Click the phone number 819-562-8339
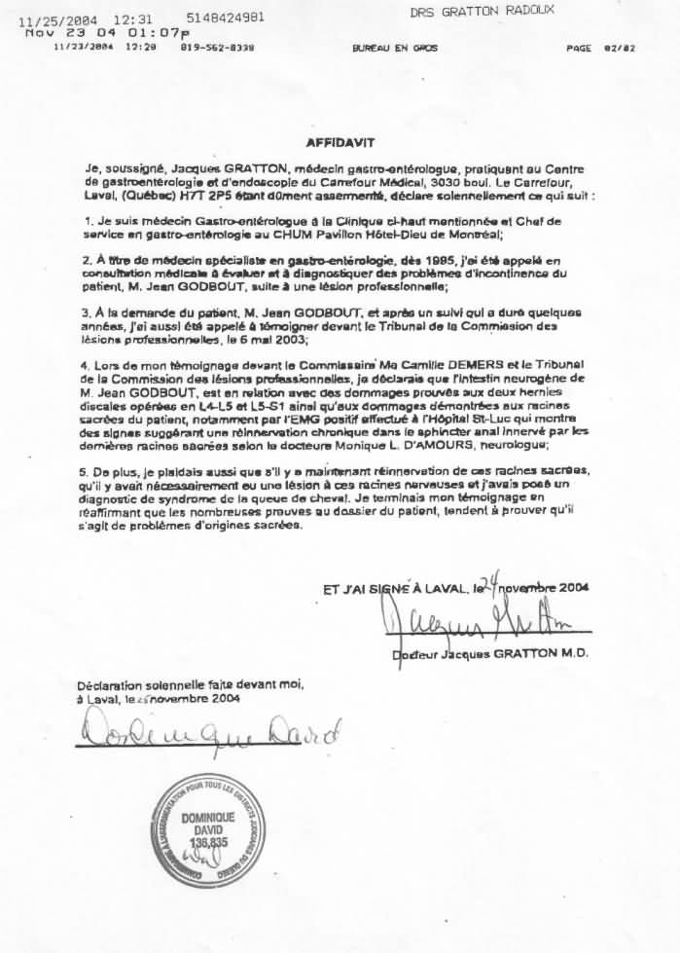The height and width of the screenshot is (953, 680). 217,47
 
